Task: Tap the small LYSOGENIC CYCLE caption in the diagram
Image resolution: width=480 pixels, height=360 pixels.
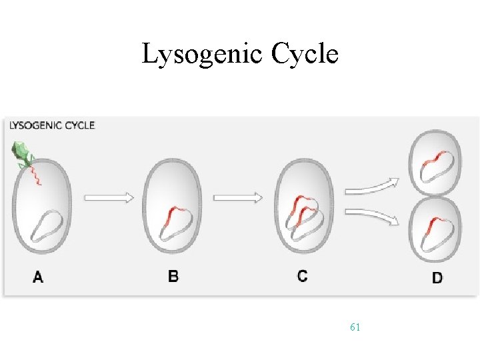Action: tap(52, 125)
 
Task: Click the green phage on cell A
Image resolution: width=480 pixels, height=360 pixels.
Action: tap(23, 155)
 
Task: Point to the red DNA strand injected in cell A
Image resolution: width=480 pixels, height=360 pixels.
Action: tap(36, 175)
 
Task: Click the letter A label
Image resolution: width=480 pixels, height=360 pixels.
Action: tap(38, 277)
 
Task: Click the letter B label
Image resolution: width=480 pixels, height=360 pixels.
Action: tap(173, 275)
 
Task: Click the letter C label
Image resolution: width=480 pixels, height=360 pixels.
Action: tap(303, 275)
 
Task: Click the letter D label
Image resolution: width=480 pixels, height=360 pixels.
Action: tap(437, 277)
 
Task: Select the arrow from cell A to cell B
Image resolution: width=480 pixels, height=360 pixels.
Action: tap(109, 198)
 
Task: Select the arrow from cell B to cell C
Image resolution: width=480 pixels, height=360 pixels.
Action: tap(238, 197)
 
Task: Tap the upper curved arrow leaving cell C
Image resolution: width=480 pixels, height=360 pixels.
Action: tap(371, 186)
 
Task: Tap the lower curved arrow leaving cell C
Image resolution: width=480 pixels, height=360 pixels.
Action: tap(371, 216)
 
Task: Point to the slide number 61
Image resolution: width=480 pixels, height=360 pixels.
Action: tap(355, 327)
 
